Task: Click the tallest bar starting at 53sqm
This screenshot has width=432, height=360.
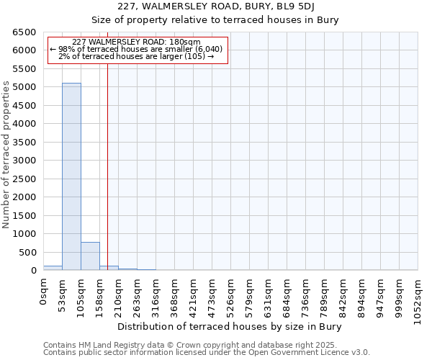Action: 71,176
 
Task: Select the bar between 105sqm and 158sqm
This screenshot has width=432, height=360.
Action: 90,256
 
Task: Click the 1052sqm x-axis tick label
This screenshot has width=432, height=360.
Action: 418,298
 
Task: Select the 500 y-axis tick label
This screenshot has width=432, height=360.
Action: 27,252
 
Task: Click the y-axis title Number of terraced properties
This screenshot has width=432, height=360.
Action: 6,155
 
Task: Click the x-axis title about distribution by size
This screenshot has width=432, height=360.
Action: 228,326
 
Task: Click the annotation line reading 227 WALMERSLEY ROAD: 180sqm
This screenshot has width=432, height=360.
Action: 136,42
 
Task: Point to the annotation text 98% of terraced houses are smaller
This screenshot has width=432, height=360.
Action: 136,49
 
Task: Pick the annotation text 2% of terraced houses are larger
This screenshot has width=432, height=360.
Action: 136,56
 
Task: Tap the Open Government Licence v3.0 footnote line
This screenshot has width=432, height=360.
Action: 206,353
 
